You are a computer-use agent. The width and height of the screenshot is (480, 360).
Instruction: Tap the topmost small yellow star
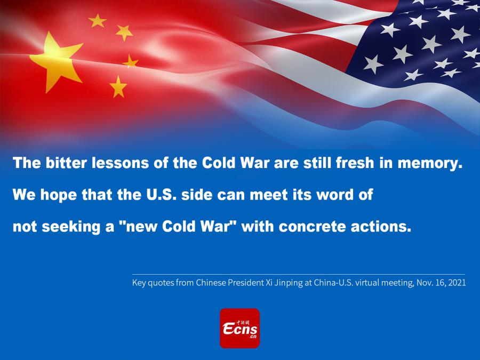(x=98, y=20)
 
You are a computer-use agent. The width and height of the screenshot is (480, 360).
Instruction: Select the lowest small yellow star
(x=118, y=87)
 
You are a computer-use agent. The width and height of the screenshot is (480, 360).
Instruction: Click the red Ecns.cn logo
(x=239, y=328)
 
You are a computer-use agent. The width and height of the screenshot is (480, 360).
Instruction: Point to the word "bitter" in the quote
(x=67, y=163)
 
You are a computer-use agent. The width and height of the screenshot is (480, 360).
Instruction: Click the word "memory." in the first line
(x=430, y=163)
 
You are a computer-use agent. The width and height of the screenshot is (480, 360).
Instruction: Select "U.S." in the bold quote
(x=161, y=194)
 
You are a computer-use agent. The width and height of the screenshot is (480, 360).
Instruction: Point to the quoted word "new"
(x=140, y=227)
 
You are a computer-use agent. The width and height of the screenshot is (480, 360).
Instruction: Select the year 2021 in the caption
(x=457, y=282)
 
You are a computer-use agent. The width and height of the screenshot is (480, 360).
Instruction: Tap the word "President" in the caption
(x=244, y=282)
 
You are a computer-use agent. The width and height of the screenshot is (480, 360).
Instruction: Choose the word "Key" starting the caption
(x=139, y=283)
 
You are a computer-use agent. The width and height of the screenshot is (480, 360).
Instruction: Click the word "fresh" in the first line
(x=355, y=163)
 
